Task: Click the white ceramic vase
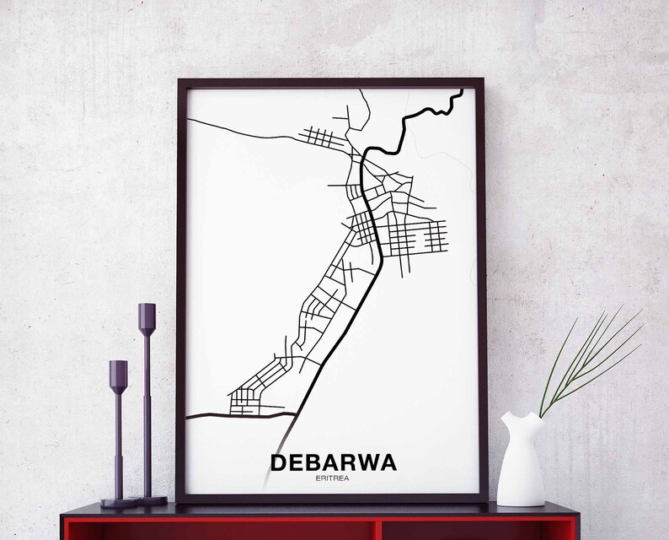click(x=521, y=459)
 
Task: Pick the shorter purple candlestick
click(x=118, y=430)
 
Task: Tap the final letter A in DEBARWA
click(x=386, y=463)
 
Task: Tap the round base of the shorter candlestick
click(x=119, y=503)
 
